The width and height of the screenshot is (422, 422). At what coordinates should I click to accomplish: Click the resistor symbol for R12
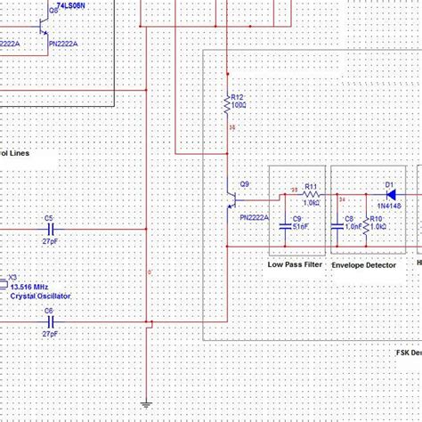click(x=226, y=108)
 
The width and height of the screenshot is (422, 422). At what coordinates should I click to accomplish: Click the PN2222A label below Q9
click(x=253, y=217)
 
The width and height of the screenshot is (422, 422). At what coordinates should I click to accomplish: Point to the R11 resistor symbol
click(x=311, y=196)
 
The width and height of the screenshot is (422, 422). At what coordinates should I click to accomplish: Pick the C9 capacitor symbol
click(x=286, y=220)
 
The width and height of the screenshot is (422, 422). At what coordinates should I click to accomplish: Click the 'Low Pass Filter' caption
click(x=295, y=264)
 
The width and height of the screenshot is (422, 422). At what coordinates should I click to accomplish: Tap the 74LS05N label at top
click(x=72, y=6)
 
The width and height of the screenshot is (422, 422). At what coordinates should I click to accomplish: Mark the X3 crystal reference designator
click(x=12, y=277)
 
